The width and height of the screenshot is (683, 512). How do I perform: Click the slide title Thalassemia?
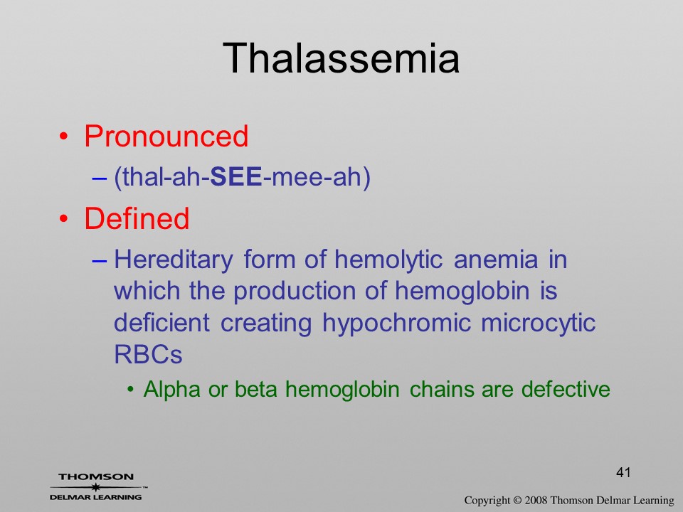coord(341,58)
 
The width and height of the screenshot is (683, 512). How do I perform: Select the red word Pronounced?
coord(166,136)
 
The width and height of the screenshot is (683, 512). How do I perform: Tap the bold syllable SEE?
coord(236,177)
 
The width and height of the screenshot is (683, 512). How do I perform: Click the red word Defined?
coord(137,218)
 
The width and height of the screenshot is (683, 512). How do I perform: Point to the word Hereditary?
coord(174,260)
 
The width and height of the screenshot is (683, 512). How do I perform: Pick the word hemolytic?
coord(388,260)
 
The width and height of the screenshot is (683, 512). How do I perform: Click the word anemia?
coord(496,260)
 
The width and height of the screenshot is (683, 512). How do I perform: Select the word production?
coord(295,292)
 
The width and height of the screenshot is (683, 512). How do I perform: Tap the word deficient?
coord(162,323)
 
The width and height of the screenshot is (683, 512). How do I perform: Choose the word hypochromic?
coord(396,324)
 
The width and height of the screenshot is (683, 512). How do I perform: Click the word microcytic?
coord(538,324)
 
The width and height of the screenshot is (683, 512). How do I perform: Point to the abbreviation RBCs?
coord(148,354)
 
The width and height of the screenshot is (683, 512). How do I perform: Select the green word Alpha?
coord(171,389)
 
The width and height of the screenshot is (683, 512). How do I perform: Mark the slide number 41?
coord(623,472)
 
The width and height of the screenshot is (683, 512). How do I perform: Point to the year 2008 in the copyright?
coord(536,500)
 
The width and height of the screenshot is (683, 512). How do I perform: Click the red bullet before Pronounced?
coord(63,137)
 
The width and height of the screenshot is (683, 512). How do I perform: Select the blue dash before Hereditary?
coord(100,261)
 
